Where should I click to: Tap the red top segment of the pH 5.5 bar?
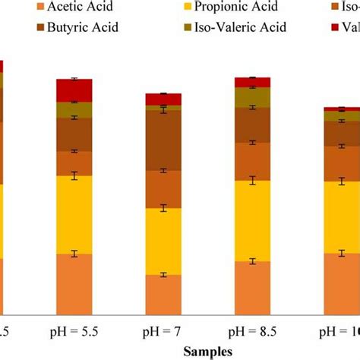pos(74,90)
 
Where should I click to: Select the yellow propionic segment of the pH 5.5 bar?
pos(74,214)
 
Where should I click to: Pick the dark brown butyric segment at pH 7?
pos(163,141)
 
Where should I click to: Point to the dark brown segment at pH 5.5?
pos(74,134)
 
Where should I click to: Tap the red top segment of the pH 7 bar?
pos(163,99)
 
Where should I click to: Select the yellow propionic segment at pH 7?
pos(163,242)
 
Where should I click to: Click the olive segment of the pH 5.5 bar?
pos(74,110)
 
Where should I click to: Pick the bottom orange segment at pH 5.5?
pos(74,283)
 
